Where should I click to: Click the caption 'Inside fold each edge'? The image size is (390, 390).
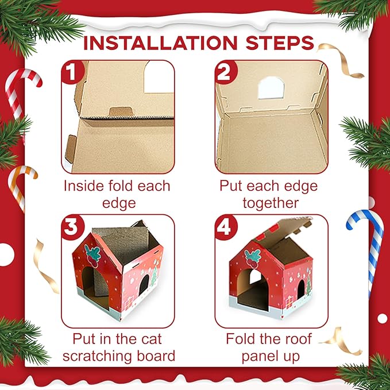(117, 195)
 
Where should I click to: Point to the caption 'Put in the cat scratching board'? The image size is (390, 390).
(117, 347)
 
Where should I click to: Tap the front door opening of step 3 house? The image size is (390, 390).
(92, 281)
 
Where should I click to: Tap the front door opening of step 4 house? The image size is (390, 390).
(256, 284)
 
